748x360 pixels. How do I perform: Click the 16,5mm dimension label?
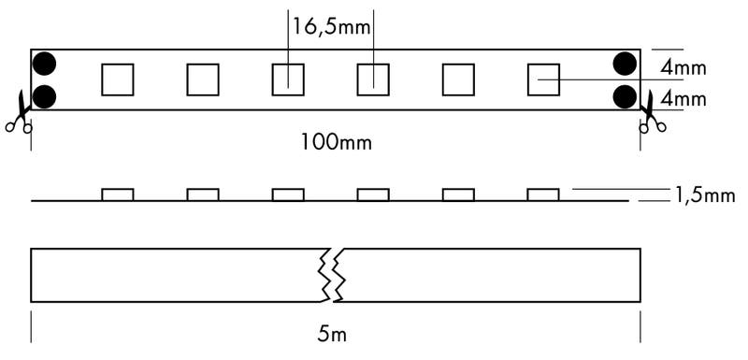click(332, 27)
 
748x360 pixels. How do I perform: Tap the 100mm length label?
click(336, 142)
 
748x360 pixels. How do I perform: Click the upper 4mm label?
click(683, 68)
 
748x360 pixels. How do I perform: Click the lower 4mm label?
click(683, 97)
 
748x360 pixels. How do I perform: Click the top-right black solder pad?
click(626, 64)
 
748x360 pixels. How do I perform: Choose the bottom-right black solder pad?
click(626, 95)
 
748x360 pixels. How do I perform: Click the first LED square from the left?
click(117, 79)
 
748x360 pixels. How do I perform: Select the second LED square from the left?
click(203, 79)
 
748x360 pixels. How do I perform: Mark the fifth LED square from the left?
click(457, 79)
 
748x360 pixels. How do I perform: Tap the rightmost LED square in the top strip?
click(542, 79)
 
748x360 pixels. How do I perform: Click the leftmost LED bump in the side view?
click(117, 194)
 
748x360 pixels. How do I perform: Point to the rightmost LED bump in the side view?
click(543, 194)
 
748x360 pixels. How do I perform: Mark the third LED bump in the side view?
click(288, 194)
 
